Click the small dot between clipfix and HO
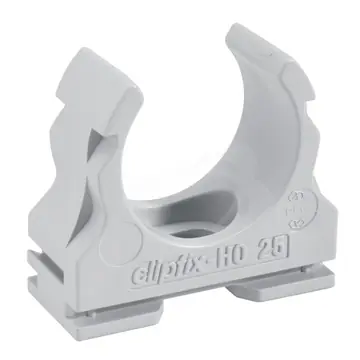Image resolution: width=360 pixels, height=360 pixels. click(226, 257)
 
